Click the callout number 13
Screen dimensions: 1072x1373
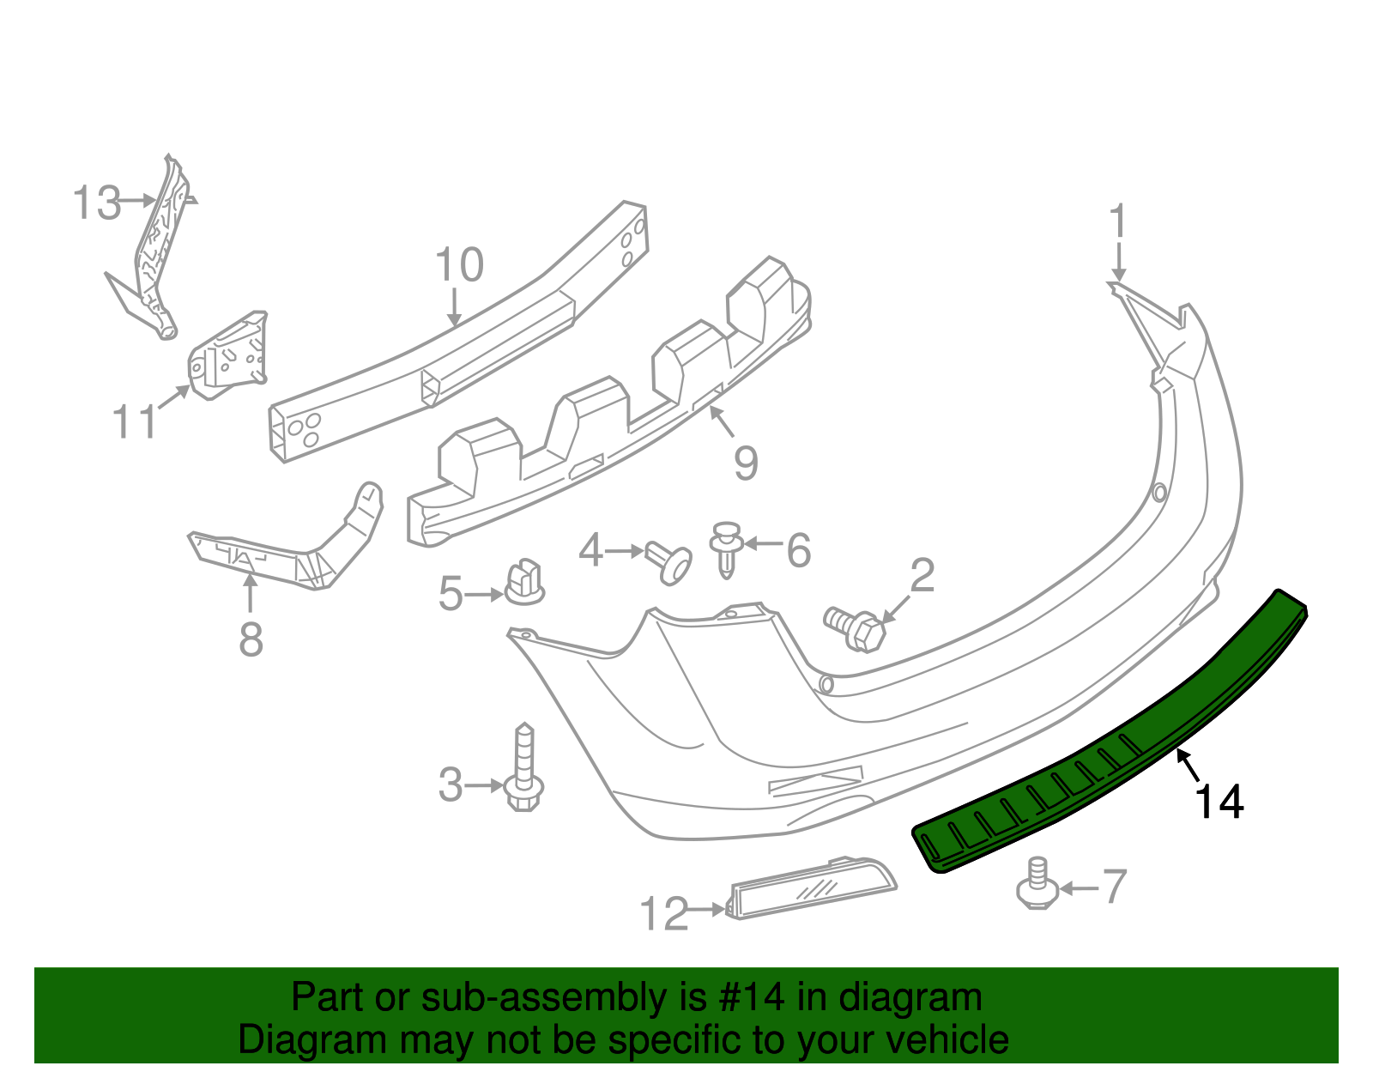tap(95, 203)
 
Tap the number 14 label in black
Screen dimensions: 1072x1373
tap(1219, 802)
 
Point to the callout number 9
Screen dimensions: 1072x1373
tap(746, 463)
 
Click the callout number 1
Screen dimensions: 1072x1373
tap(1117, 221)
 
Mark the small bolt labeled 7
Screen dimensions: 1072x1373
tap(1037, 885)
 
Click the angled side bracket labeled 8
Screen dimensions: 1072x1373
tap(292, 549)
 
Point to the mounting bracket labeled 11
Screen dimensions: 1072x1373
tap(228, 355)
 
